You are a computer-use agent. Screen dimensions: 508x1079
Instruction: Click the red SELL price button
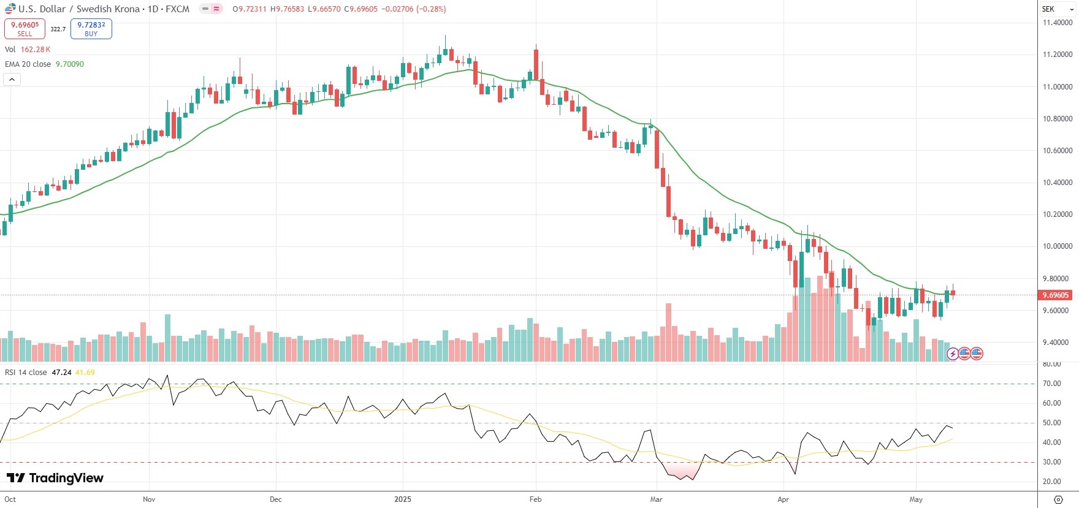click(25, 29)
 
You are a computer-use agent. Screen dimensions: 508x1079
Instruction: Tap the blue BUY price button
click(91, 29)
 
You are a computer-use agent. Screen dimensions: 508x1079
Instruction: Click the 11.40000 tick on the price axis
click(1058, 23)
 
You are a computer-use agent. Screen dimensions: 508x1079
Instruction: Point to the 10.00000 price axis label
click(1058, 246)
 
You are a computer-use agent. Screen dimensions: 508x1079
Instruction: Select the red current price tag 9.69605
click(1055, 295)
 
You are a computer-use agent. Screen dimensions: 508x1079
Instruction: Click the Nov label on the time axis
click(149, 499)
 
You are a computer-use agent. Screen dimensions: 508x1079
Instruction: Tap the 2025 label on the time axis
click(403, 499)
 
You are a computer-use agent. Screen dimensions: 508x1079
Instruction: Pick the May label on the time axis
click(916, 499)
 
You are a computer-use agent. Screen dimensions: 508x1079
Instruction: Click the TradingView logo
click(55, 478)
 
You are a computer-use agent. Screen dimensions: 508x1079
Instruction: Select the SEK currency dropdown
click(1058, 9)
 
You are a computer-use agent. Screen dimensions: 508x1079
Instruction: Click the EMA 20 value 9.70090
click(70, 64)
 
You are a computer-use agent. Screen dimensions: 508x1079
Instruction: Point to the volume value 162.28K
click(36, 50)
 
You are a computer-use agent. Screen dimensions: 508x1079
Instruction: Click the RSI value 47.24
click(61, 373)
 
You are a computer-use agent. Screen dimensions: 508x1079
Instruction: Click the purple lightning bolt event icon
click(953, 354)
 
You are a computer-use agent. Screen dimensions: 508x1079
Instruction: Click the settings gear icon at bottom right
click(1058, 499)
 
